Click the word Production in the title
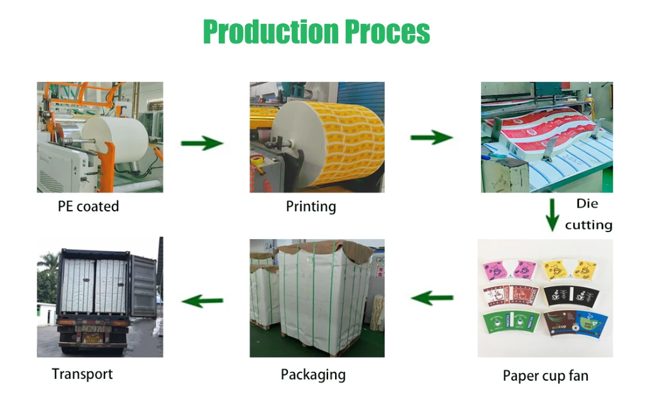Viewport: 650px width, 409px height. [270, 31]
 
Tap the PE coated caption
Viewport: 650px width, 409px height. [88, 206]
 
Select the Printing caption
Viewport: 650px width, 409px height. [311, 206]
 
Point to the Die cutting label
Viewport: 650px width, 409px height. [588, 214]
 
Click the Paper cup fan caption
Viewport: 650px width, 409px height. [545, 376]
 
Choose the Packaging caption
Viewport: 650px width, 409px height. [312, 375]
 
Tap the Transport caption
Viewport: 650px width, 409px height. [82, 374]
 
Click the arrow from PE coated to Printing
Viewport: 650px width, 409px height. [202, 144]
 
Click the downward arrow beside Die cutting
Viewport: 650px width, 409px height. [551, 215]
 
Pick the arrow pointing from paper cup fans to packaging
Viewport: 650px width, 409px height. [432, 298]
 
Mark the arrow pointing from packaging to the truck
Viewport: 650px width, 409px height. [202, 301]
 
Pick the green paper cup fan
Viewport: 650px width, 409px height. [509, 322]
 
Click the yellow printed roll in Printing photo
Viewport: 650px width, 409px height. [352, 145]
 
